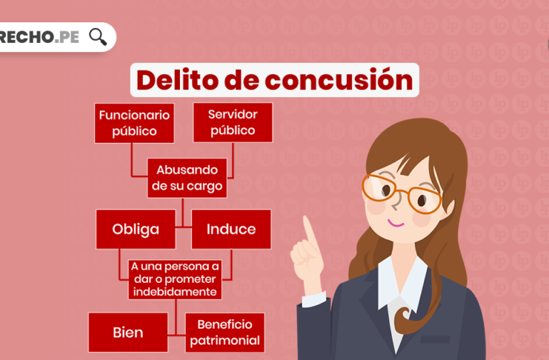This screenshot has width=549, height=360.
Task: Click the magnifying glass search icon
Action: click(x=98, y=37)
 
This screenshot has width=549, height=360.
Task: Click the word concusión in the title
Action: click(x=339, y=80)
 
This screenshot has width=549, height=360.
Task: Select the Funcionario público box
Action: click(x=134, y=123)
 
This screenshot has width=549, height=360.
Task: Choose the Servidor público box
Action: click(x=233, y=122)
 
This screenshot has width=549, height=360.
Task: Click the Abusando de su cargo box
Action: click(x=187, y=178)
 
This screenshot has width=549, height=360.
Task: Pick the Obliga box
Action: click(x=136, y=230)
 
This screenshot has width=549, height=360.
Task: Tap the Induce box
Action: click(x=231, y=230)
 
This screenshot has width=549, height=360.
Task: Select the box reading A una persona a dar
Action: click(x=175, y=279)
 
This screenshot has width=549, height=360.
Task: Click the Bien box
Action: click(x=128, y=333)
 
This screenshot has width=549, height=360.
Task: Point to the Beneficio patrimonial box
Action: click(x=224, y=333)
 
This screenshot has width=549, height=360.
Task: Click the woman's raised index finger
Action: click(x=310, y=233)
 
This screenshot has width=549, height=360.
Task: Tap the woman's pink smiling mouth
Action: click(x=396, y=223)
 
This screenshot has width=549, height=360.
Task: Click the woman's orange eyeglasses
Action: click(x=402, y=193)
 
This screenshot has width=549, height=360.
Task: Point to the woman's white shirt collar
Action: click(x=402, y=284)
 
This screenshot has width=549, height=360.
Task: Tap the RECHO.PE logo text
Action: click(x=39, y=37)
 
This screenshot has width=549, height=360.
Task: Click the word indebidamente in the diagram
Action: click(x=175, y=292)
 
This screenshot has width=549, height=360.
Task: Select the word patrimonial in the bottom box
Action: click(x=224, y=341)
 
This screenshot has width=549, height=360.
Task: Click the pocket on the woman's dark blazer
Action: click(x=435, y=339)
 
